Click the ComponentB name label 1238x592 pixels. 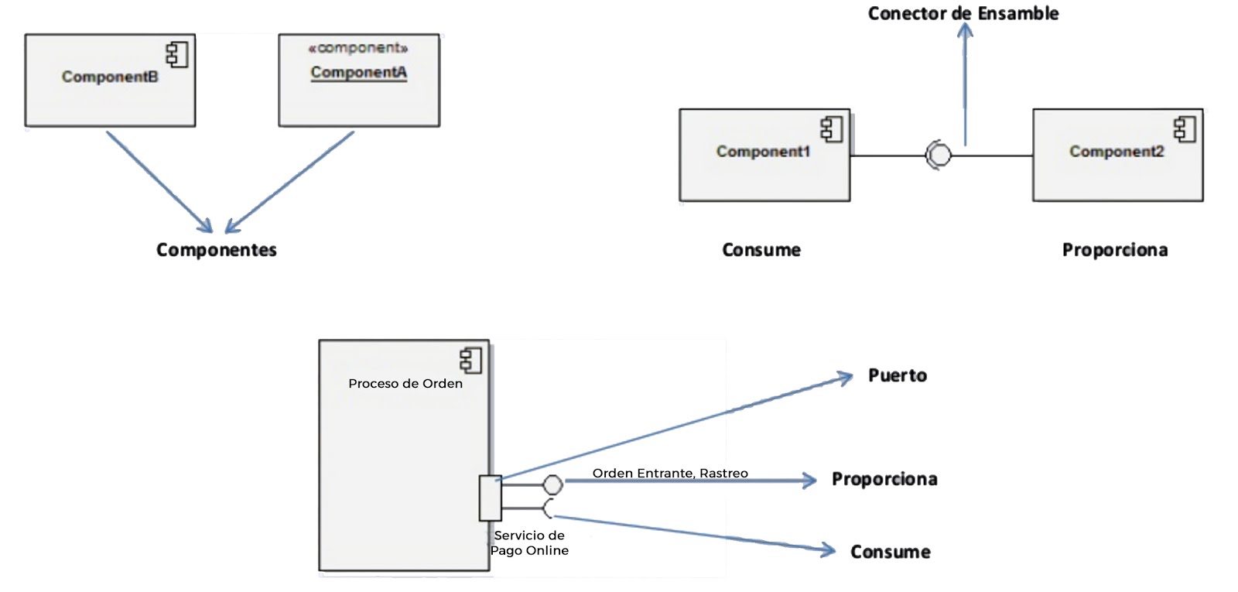(110, 77)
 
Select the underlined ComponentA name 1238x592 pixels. (358, 72)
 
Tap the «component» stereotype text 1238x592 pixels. (357, 48)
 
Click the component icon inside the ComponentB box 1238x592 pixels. (177, 55)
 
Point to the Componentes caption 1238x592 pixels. (216, 250)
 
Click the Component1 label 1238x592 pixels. (763, 152)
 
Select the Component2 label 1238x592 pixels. (1116, 152)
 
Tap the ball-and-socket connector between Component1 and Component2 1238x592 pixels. (938, 156)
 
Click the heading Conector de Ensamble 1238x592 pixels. (963, 13)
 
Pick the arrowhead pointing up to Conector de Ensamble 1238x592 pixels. (965, 31)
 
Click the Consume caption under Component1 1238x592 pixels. (761, 250)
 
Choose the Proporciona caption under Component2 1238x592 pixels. (1114, 250)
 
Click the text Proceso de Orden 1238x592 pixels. (405, 383)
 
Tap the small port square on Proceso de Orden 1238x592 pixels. (490, 498)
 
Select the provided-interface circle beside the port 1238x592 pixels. (552, 484)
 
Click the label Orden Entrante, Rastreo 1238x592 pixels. (670, 473)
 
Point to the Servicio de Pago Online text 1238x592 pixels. (529, 542)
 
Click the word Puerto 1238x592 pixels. (897, 375)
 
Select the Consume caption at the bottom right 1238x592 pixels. (890, 552)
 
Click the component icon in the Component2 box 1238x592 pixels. (1185, 129)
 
